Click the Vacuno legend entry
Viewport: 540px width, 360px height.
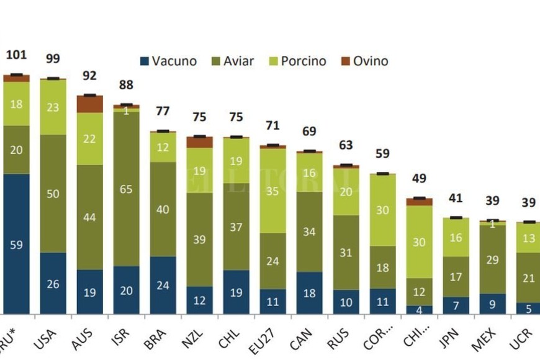click(168, 61)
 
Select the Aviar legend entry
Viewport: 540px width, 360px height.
click(231, 61)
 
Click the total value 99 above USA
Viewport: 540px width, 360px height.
click(53, 59)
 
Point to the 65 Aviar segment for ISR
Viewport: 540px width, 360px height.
click(126, 189)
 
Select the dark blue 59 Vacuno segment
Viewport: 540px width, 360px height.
click(16, 244)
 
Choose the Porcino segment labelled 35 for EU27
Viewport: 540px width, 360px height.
click(272, 191)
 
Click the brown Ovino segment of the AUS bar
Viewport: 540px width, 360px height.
click(89, 104)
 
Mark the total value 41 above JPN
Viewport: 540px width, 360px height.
click(456, 199)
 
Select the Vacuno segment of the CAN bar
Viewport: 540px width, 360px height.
click(309, 293)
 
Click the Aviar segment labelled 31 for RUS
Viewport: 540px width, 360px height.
click(346, 252)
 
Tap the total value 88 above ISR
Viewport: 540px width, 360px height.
click(126, 86)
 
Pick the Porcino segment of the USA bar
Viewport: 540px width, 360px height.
click(53, 107)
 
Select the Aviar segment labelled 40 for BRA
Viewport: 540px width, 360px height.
click(163, 209)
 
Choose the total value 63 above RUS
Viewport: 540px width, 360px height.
click(346, 146)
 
